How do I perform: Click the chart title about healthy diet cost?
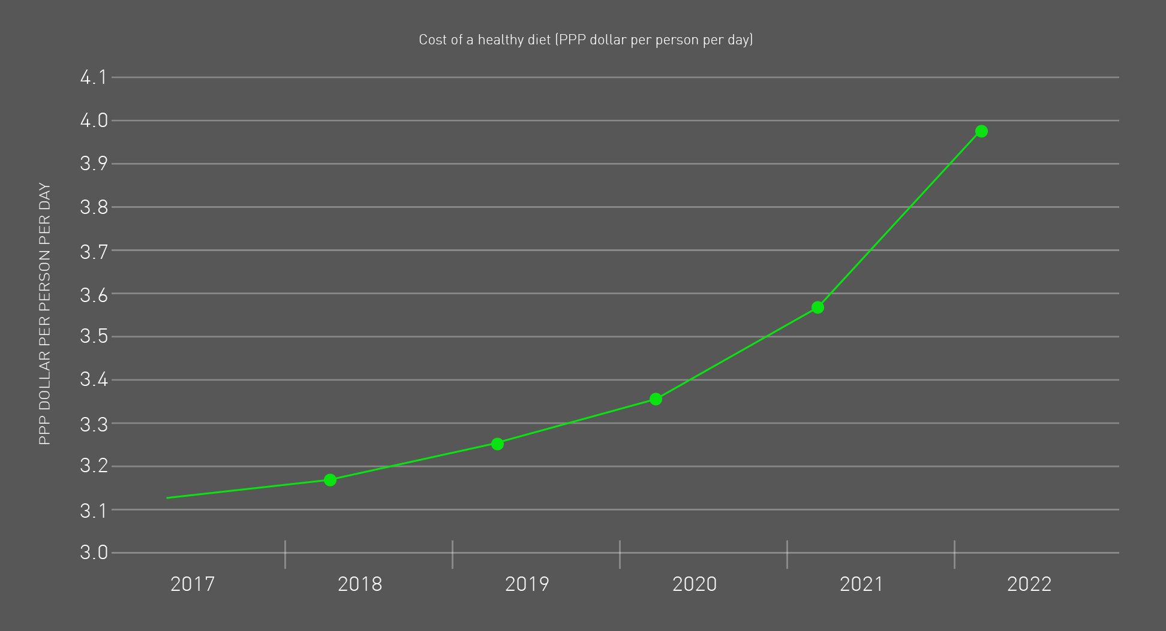(x=585, y=40)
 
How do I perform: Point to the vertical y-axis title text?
(x=45, y=314)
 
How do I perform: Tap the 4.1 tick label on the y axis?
(x=94, y=77)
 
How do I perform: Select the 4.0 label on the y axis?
(x=94, y=120)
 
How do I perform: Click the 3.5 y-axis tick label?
(x=94, y=336)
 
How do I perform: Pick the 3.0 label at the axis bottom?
(x=94, y=552)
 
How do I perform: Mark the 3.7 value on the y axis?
(x=94, y=250)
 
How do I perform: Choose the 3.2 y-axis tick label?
(x=94, y=466)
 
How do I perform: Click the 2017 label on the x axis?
(x=193, y=584)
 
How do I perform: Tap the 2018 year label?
(x=360, y=584)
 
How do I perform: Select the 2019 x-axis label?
(x=527, y=584)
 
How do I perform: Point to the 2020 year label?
(x=695, y=584)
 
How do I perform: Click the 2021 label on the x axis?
(x=862, y=584)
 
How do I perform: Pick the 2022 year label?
(x=1029, y=584)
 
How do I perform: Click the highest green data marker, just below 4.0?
(x=981, y=131)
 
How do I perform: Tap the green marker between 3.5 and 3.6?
(x=818, y=307)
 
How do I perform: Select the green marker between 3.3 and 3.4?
(x=656, y=399)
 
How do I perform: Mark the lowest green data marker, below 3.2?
(x=330, y=480)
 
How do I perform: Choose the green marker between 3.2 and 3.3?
(x=497, y=444)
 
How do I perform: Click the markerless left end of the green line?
(x=168, y=498)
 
